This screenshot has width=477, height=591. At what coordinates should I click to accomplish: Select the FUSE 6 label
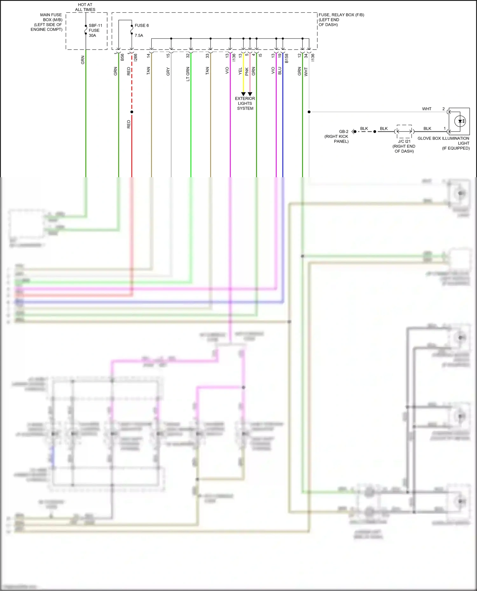point(142,25)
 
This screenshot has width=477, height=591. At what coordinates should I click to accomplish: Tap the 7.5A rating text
point(139,36)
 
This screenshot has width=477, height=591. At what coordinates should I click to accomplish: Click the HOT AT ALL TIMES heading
point(85,7)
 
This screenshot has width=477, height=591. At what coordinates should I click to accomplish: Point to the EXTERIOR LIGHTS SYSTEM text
point(245,104)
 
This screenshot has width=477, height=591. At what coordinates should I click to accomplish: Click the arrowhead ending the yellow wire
point(243,94)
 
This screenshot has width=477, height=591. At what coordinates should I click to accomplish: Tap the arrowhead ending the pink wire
point(250,94)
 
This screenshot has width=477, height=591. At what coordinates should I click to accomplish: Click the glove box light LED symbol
point(460,121)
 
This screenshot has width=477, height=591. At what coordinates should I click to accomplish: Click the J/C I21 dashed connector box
point(404,131)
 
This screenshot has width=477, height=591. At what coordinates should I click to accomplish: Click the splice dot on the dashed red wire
point(132,112)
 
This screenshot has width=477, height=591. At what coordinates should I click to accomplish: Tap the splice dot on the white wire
point(309,112)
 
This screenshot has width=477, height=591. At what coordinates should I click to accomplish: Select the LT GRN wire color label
point(188,74)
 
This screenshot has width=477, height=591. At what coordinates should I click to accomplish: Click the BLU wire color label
point(280,71)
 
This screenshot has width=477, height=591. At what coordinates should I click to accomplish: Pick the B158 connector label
point(287,58)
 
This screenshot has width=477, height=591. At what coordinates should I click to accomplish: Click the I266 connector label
point(135,57)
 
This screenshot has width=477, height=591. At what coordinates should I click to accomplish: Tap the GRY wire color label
point(168,71)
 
